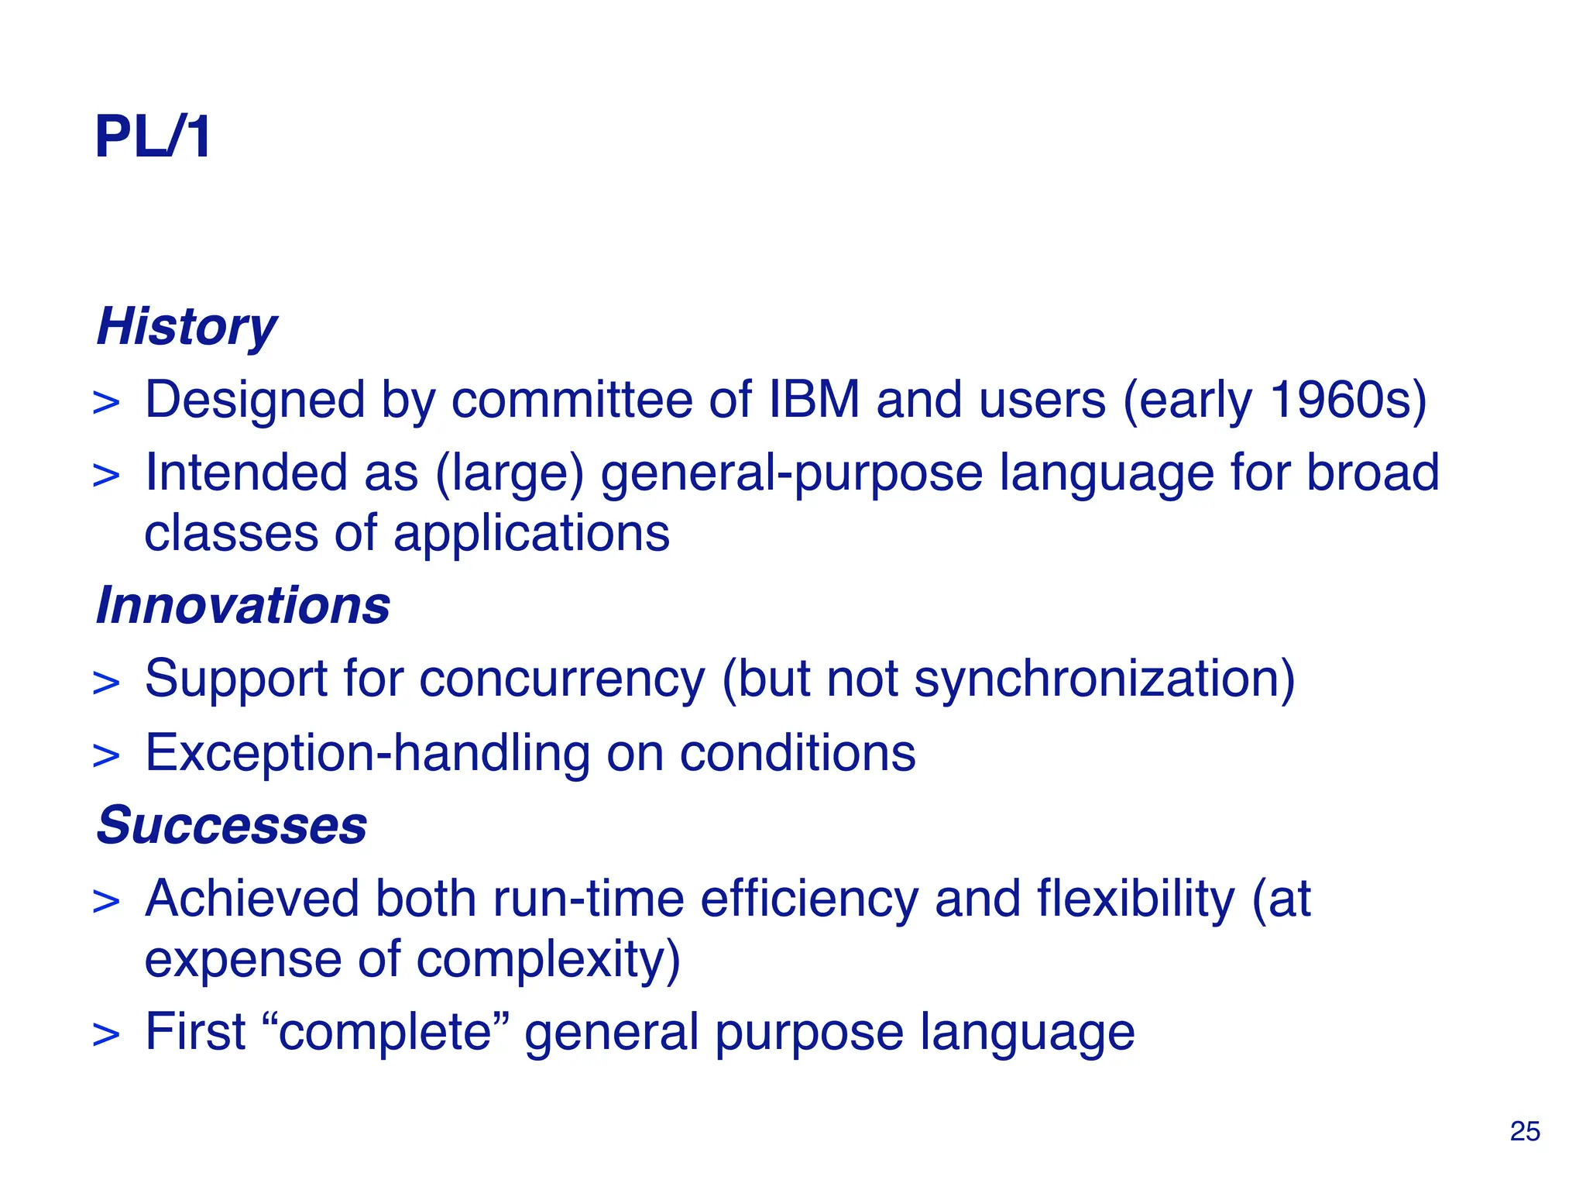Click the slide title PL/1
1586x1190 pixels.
click(x=152, y=137)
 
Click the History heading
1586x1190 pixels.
click(x=186, y=326)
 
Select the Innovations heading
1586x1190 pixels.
click(x=242, y=605)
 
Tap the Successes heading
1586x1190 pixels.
click(x=232, y=825)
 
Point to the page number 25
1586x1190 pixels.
click(x=1524, y=1131)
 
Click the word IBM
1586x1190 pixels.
click(x=813, y=400)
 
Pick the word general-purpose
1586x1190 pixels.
click(x=791, y=473)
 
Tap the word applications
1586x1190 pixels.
click(x=531, y=534)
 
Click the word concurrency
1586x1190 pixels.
click(x=562, y=679)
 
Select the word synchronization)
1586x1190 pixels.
click(x=1104, y=679)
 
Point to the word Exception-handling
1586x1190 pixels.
click(x=367, y=753)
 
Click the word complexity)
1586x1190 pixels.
click(x=548, y=959)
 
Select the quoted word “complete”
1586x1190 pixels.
click(x=385, y=1032)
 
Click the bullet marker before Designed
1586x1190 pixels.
click(x=106, y=403)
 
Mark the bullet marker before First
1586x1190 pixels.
click(x=106, y=1035)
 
